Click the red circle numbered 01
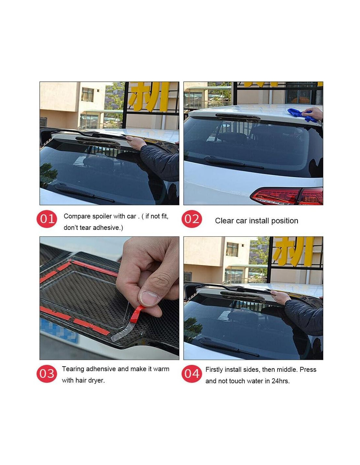(47, 219)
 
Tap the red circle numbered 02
(191, 219)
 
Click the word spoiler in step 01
(102, 216)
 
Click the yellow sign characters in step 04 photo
(293, 251)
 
